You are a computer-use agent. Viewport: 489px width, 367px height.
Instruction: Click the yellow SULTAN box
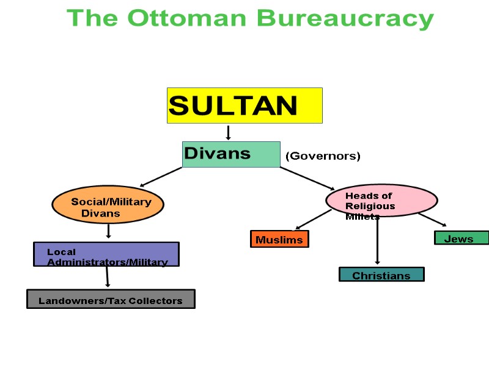[244, 105]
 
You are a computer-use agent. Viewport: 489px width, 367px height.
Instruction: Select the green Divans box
[231, 154]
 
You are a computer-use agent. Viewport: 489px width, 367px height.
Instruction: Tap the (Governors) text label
[323, 156]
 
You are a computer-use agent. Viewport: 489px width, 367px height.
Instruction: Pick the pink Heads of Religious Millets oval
[382, 200]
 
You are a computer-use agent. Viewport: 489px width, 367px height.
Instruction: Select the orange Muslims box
[279, 239]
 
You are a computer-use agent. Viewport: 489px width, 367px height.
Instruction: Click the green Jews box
[461, 238]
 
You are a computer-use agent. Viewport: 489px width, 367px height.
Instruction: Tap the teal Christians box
[381, 275]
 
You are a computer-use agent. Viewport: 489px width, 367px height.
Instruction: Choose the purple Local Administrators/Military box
[106, 254]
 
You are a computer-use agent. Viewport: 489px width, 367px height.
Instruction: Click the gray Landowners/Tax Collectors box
[111, 299]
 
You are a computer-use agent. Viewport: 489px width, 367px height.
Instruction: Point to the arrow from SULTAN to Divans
[228, 133]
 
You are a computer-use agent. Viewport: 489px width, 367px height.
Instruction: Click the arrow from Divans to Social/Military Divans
[161, 177]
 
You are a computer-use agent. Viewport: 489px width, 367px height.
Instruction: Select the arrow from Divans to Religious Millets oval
[307, 179]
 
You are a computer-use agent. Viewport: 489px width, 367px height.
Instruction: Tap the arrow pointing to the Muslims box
[313, 220]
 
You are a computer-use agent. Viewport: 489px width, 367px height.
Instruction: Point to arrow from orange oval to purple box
[108, 231]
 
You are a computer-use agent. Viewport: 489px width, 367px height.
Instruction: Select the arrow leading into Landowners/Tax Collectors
[107, 277]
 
